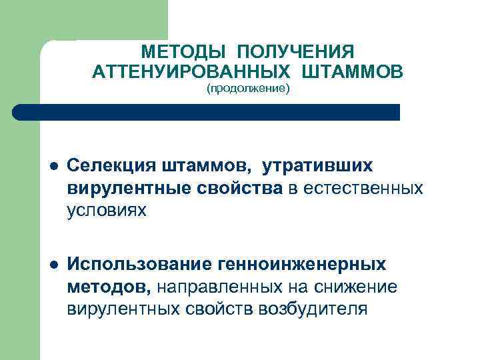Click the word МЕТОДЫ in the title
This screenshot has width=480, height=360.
(x=182, y=52)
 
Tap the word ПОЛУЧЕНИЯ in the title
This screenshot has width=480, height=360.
(x=294, y=52)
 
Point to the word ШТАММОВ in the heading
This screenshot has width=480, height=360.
(x=351, y=71)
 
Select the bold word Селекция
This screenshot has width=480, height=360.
(x=109, y=165)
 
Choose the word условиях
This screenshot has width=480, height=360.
(x=106, y=211)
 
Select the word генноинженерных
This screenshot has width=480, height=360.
(x=301, y=264)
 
